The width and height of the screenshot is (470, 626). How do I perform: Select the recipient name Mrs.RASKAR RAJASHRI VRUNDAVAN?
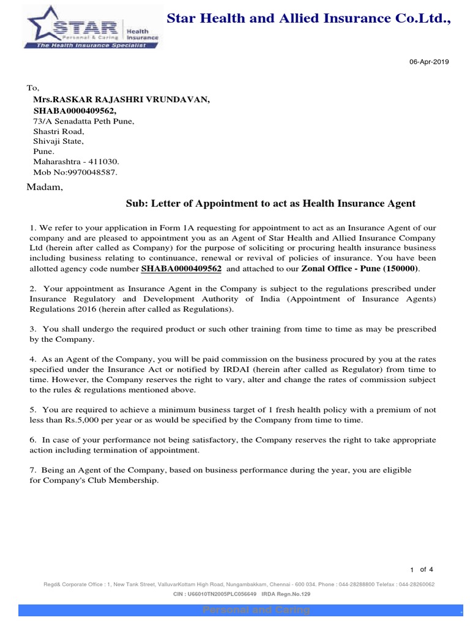(121, 99)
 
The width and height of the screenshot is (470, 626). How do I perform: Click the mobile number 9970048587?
(90, 172)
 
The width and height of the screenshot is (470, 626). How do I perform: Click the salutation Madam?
(45, 187)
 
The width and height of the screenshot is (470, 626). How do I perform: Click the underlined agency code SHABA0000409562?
(181, 268)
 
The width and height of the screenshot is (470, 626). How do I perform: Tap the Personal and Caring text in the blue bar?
(256, 610)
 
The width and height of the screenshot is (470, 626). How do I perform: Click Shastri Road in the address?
(58, 131)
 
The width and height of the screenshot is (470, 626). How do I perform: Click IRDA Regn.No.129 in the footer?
(286, 594)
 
